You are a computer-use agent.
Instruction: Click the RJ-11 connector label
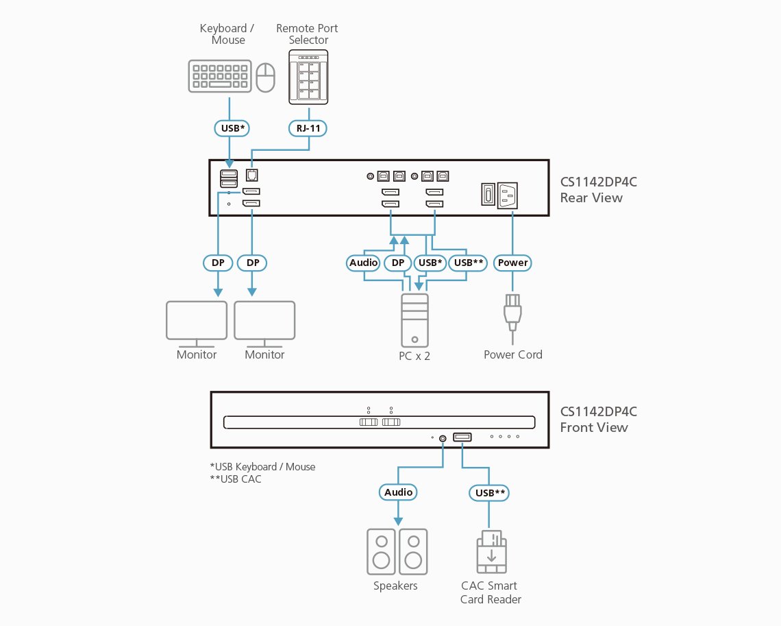click(x=308, y=128)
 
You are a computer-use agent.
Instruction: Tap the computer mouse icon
click(x=266, y=77)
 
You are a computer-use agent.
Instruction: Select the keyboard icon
click(x=220, y=76)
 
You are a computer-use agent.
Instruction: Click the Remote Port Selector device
click(x=308, y=77)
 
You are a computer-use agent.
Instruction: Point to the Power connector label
click(x=512, y=263)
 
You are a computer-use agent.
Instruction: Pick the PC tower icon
click(x=415, y=320)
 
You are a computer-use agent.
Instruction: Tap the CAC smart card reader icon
click(x=492, y=552)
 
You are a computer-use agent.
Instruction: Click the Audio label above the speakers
click(x=398, y=492)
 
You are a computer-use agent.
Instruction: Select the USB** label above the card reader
click(x=490, y=493)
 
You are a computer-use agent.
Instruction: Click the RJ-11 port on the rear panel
click(x=252, y=176)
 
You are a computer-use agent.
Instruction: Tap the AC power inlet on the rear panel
click(x=508, y=195)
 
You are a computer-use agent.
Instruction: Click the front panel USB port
click(x=462, y=437)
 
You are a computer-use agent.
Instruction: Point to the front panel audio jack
click(x=443, y=438)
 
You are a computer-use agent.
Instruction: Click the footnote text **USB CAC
click(x=236, y=479)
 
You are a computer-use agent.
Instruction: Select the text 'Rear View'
click(x=591, y=198)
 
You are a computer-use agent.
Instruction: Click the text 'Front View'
click(x=594, y=428)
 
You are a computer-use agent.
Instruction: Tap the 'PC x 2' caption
click(x=414, y=356)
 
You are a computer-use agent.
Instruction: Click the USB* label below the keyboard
click(x=232, y=128)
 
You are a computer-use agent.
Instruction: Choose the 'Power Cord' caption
click(x=513, y=354)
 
